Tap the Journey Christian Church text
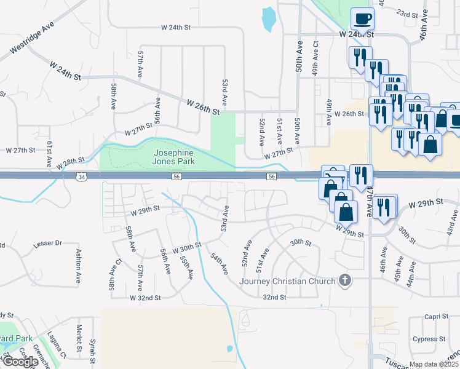coord(287,281)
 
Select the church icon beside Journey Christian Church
coord(346,281)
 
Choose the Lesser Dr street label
coord(50,243)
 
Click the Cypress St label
coord(429,339)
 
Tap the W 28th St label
coord(69,164)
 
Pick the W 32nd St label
coord(145,298)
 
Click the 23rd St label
coord(407,13)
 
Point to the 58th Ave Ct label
coord(113,276)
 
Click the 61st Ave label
coord(49,154)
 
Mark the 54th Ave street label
coord(220,263)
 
